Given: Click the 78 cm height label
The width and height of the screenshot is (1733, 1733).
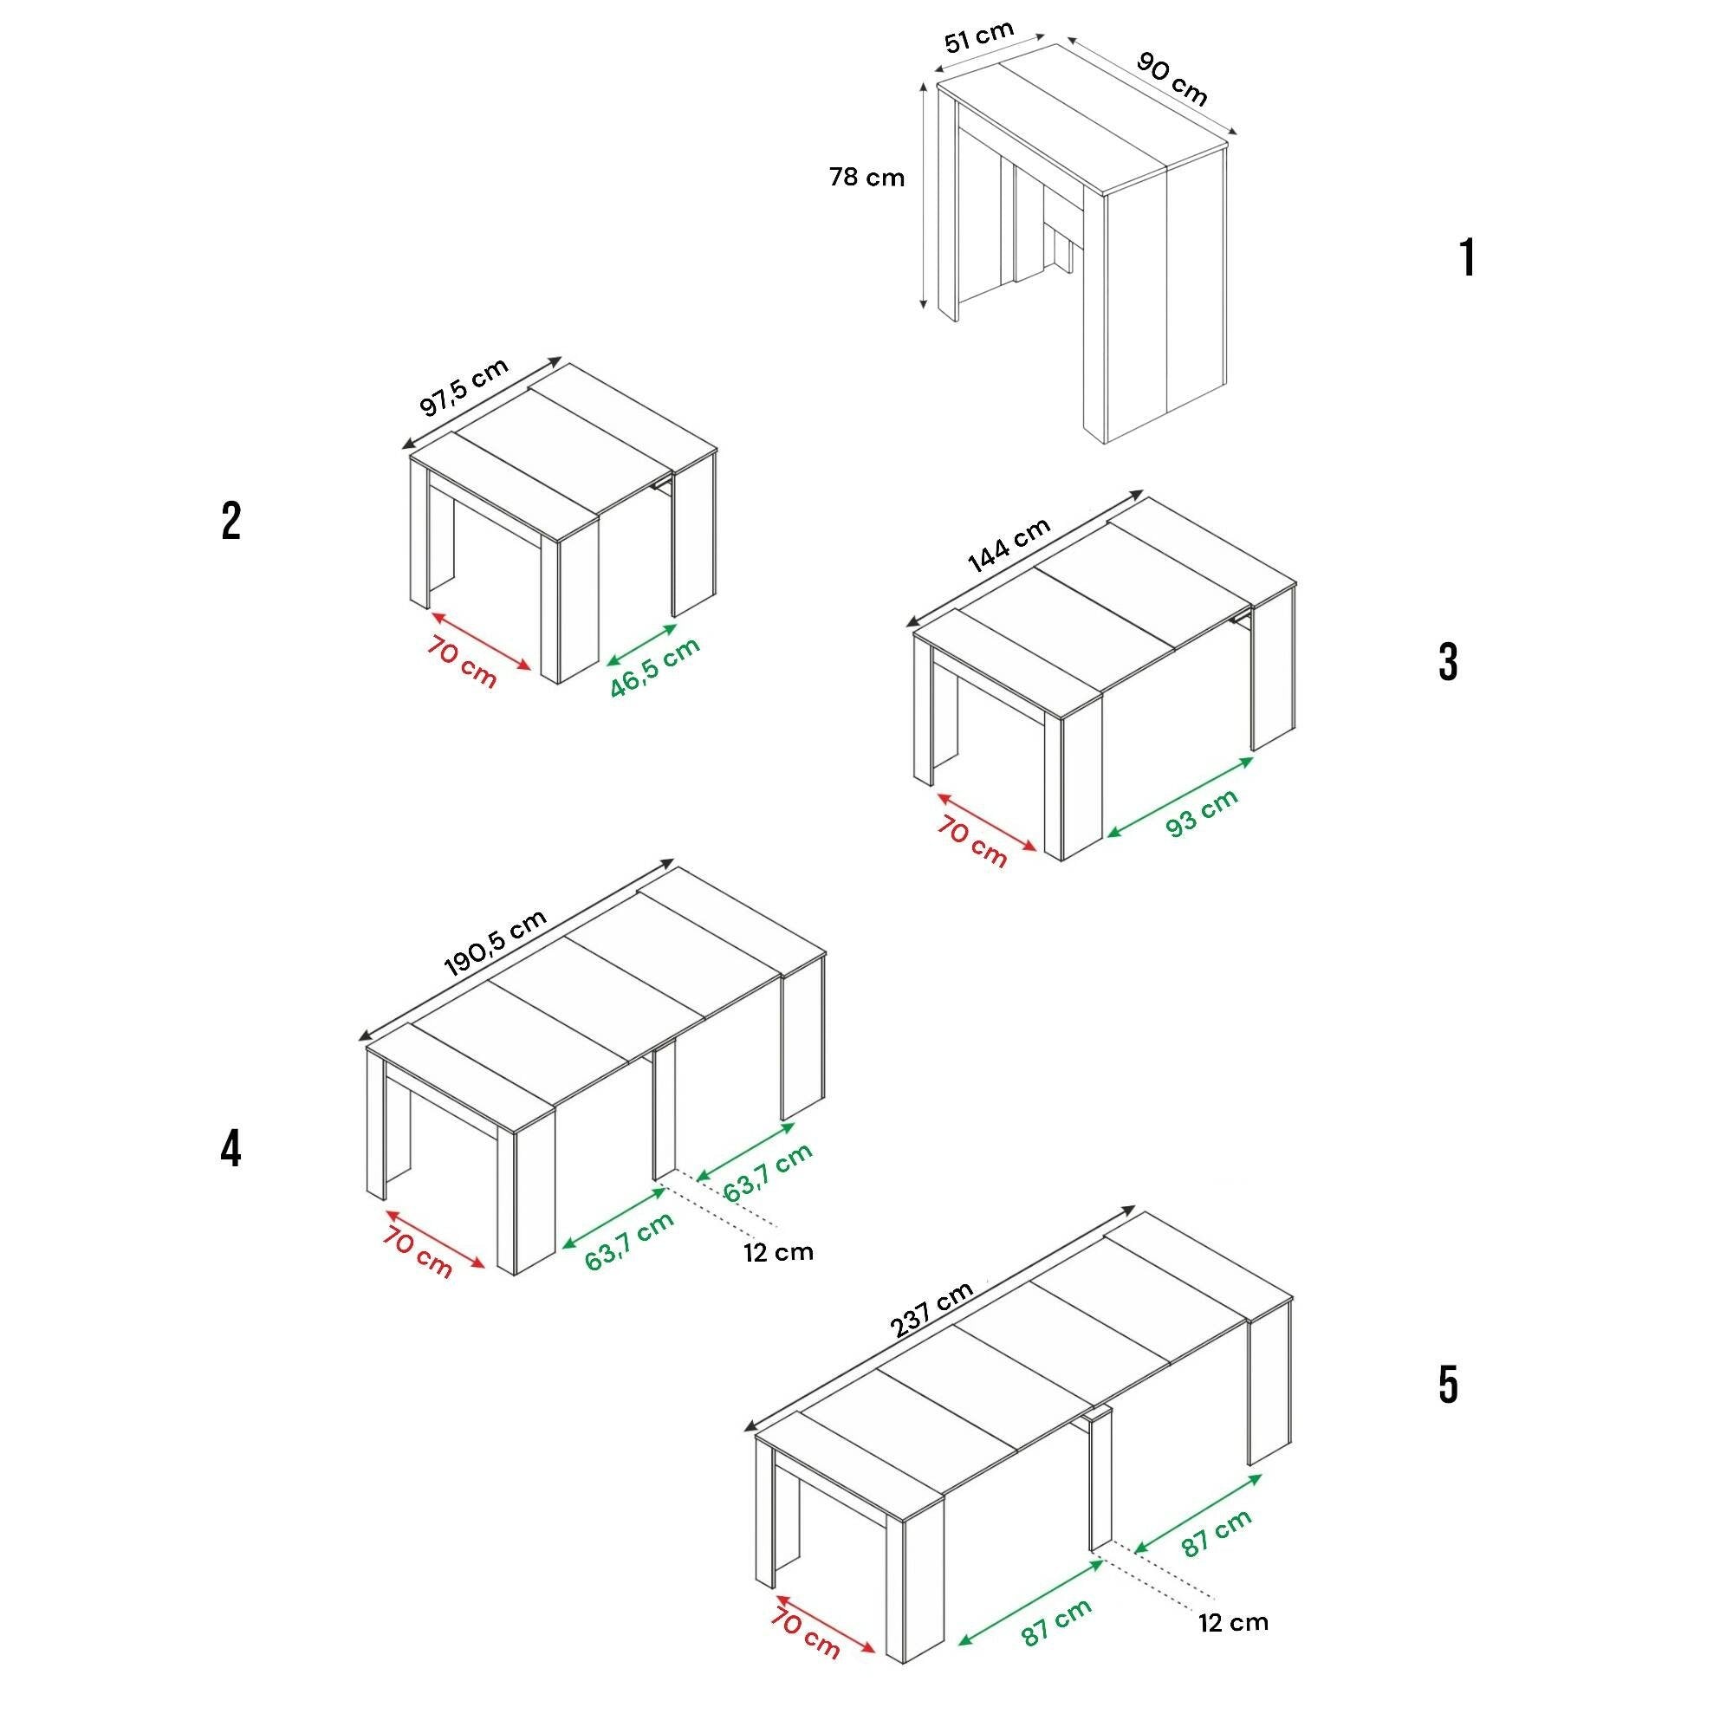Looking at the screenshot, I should [x=866, y=178].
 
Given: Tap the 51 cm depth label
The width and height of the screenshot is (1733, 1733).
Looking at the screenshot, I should [x=978, y=37].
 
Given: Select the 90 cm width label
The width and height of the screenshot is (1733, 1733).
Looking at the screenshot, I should [x=1172, y=78].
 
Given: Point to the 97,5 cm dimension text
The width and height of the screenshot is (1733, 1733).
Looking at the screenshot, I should [x=464, y=386].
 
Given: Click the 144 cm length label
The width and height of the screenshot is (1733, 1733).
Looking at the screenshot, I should [x=1009, y=545].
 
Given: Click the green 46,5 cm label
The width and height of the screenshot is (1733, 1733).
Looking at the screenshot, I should [x=655, y=667].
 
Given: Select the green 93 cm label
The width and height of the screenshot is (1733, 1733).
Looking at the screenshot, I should [x=1202, y=813].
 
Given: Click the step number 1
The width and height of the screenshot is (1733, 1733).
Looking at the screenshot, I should [x=1468, y=258].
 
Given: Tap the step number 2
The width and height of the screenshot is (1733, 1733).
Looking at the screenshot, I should [x=231, y=521].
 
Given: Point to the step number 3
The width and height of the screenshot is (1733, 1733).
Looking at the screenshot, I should [x=1448, y=663].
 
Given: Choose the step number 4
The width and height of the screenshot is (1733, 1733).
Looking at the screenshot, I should [x=230, y=1149].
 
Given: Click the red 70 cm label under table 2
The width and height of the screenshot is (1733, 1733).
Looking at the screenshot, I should [x=461, y=662].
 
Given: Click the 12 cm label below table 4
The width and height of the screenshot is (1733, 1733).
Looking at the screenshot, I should [x=778, y=1252].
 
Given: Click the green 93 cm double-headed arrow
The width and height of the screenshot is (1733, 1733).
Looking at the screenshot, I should [x=1180, y=796].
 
